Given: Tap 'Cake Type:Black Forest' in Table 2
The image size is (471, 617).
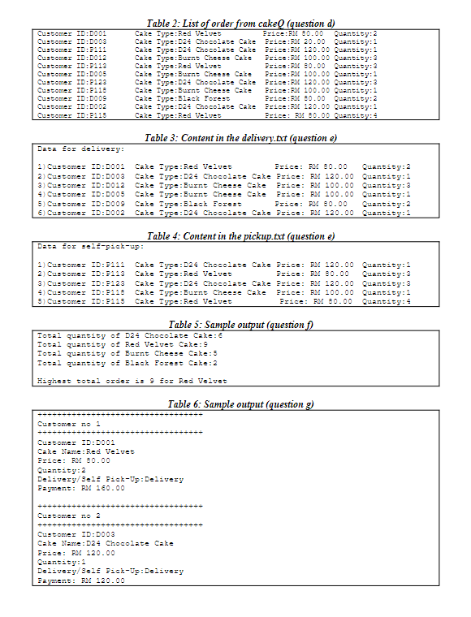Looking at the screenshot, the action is [x=178, y=98].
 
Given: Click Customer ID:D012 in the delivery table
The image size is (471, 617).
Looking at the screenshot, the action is [x=79, y=185].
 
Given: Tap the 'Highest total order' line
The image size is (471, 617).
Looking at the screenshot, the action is [x=132, y=381].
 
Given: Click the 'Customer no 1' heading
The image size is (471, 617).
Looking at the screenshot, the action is [x=68, y=424].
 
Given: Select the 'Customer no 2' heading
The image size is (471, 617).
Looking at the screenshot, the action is [x=68, y=516].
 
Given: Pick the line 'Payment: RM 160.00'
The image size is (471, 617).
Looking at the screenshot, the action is [x=81, y=488].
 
